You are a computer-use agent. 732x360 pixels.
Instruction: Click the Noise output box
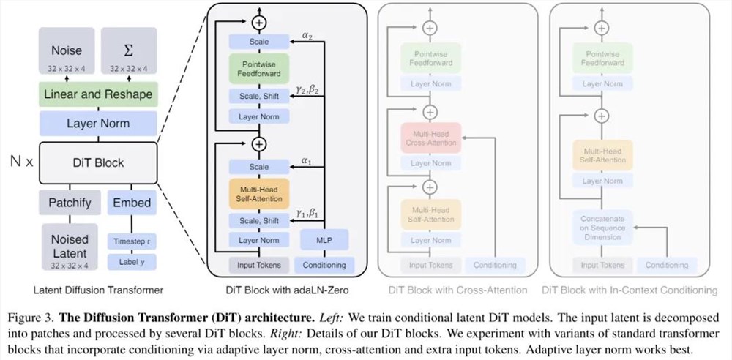pos(67,55)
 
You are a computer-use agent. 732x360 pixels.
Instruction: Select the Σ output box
pos(129,55)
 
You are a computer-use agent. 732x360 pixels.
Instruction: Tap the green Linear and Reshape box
pos(98,94)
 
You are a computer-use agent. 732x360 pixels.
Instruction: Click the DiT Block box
pos(98,162)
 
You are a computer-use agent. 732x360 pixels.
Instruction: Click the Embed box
pos(132,202)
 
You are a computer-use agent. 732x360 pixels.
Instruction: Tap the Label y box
pos(132,260)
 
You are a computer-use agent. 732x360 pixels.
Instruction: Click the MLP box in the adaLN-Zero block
pos(324,239)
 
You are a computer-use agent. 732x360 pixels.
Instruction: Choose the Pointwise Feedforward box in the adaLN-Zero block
pos(258,70)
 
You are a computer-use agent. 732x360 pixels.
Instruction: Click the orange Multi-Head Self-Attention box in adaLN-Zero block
pos(258,193)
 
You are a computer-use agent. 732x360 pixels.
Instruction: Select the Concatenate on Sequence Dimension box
pos(602,227)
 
